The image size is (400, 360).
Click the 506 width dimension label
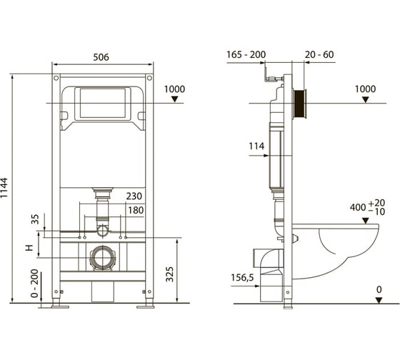101,57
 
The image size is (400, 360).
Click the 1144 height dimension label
4,188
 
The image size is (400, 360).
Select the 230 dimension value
134,196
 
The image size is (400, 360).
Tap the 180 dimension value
136,210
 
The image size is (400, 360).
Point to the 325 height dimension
170,274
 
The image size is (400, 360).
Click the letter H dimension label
29,247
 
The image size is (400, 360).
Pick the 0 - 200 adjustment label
34,283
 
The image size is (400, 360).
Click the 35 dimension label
35,219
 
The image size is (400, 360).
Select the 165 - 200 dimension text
246,54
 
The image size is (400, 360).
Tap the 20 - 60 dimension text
319,54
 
